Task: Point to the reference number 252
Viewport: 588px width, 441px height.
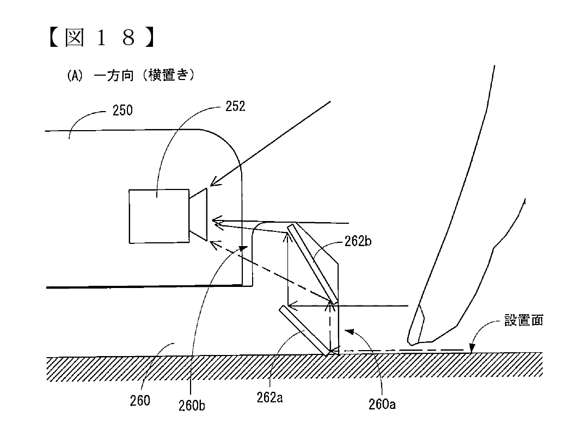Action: [x=235, y=107]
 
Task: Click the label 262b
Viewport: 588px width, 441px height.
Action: [x=358, y=242]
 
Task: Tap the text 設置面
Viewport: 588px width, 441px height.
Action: [x=523, y=321]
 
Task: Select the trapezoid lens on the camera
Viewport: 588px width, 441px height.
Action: [x=199, y=215]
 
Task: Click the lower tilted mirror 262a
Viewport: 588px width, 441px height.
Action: [x=304, y=331]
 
